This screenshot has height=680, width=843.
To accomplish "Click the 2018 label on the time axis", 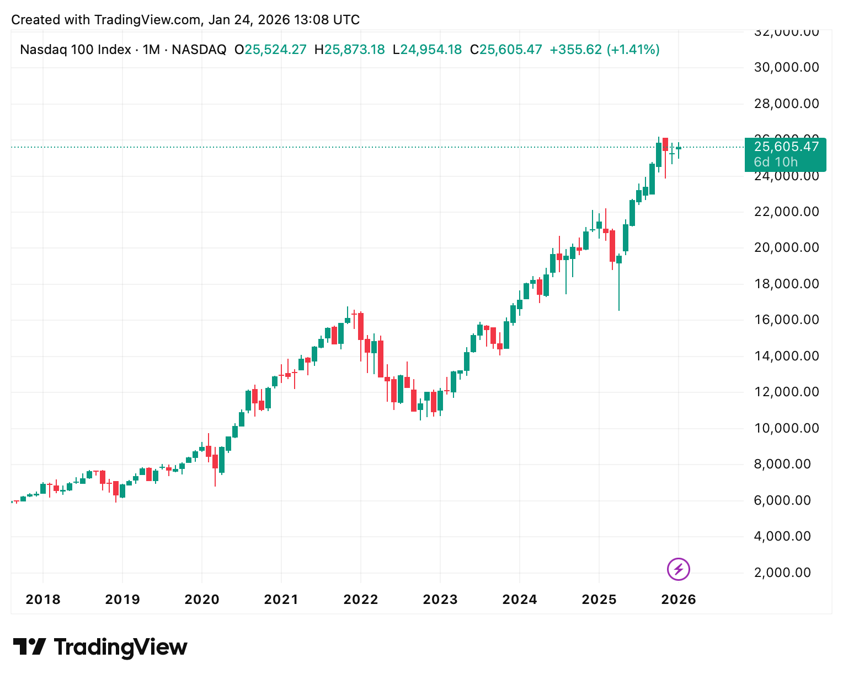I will [43, 600].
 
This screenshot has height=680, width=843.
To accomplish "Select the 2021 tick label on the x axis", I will [281, 600].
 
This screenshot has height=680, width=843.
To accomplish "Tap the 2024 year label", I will [520, 600].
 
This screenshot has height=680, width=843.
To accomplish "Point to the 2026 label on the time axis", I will [679, 600].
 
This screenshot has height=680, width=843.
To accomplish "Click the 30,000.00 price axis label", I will [786, 67].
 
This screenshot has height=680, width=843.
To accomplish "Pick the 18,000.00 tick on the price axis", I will [786, 284].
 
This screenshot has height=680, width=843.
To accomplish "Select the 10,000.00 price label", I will [786, 428].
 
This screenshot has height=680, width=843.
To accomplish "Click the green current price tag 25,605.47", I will [786, 147].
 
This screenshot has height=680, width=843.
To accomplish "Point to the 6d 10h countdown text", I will [776, 162].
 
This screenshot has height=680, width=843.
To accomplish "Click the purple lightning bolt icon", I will [679, 569].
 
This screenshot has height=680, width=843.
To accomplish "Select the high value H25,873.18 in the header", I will [349, 50].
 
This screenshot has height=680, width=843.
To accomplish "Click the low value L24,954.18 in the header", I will [427, 50].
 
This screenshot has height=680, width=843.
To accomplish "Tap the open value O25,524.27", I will [270, 50].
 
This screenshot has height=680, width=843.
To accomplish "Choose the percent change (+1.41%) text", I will [633, 50].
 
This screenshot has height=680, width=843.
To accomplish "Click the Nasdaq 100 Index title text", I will [76, 50].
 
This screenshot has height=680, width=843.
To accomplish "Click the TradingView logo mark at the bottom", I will [30, 647].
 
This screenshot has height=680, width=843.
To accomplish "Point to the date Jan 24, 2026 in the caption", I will [249, 20].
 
